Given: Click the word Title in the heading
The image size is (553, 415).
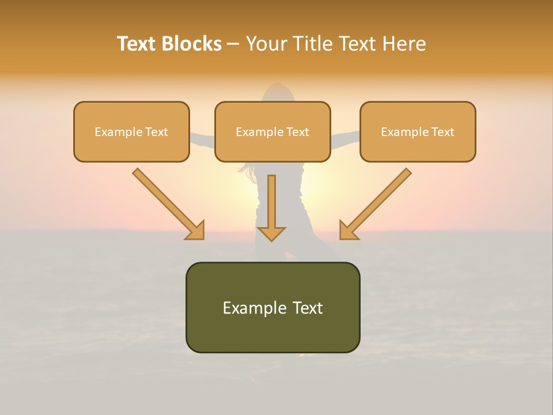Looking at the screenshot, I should pyautogui.click(x=315, y=44).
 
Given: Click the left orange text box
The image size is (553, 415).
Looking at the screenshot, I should pyautogui.click(x=131, y=144).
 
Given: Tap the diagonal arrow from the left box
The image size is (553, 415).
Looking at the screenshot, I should pyautogui.click(x=167, y=203).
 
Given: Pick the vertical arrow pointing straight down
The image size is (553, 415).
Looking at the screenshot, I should pyautogui.click(x=271, y=207).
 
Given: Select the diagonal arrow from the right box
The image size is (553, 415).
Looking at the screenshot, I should pyautogui.click(x=377, y=203).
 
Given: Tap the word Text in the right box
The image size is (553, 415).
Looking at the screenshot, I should pyautogui.click(x=442, y=132).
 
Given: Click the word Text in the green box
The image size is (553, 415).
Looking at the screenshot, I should pyautogui.click(x=308, y=308).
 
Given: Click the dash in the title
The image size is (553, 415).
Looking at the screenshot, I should pyautogui.click(x=233, y=44).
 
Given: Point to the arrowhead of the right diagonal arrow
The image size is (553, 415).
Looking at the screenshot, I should pyautogui.click(x=348, y=231).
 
